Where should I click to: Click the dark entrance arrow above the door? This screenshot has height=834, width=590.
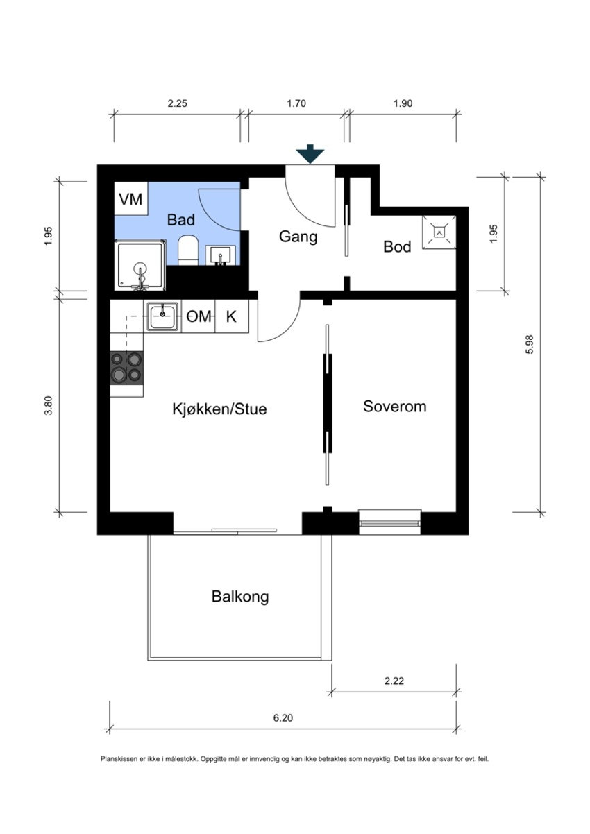tap(310, 154)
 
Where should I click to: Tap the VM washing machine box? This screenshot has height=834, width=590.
tap(130, 198)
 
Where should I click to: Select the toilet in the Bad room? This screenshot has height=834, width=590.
tap(187, 250)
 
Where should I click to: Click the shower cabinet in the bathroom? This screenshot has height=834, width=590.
tap(141, 265)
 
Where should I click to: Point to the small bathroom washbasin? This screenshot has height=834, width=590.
tap(221, 255)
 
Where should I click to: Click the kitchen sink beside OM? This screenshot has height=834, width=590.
tap(163, 316)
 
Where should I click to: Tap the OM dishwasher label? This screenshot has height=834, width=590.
tap(199, 317)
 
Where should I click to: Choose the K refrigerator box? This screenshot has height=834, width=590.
tap(232, 316)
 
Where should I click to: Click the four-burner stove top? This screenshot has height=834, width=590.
tap(126, 368)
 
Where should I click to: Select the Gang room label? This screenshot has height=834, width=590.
tap(298, 237)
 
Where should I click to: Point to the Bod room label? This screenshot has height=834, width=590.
tap(397, 247)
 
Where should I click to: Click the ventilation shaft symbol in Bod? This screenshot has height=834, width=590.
tap(439, 232)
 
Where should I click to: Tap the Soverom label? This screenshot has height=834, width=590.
tap(395, 406)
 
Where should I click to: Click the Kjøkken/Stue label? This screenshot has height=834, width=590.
tap(219, 409)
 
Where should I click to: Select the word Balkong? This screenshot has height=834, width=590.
tap(240, 597)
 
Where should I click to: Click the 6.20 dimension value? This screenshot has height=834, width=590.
tap(283, 717)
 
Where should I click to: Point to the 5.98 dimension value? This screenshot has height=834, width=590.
tap(530, 344)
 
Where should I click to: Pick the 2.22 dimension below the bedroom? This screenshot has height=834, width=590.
tap(394, 681)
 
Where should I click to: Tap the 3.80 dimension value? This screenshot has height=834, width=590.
tap(49, 405)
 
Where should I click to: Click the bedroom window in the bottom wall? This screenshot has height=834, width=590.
tap(390, 522)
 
